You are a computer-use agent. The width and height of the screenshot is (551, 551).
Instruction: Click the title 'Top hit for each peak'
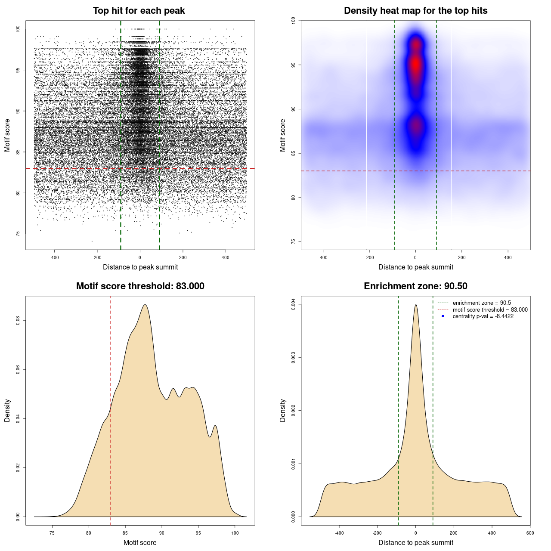[139, 11]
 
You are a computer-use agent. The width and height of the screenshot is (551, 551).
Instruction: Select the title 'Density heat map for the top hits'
[415, 11]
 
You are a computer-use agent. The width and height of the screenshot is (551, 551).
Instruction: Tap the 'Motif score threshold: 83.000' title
[140, 286]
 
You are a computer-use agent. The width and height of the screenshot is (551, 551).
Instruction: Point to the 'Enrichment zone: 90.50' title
[415, 286]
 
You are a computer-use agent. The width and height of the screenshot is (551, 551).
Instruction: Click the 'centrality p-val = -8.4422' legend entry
[483, 316]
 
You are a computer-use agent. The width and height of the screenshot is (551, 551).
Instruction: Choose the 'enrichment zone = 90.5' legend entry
[482, 303]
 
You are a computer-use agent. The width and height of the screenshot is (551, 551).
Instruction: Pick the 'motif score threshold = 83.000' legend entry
[490, 310]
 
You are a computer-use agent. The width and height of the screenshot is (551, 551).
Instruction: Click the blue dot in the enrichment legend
[443, 316]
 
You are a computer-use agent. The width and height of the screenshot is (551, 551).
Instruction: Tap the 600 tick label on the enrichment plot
[530, 533]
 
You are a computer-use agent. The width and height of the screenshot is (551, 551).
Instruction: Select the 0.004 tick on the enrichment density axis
[294, 304]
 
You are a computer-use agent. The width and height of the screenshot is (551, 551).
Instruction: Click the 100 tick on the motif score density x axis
[235, 533]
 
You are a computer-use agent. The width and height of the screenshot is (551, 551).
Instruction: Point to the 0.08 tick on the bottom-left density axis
[18, 321]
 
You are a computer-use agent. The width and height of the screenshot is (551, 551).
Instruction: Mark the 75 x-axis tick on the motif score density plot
[52, 533]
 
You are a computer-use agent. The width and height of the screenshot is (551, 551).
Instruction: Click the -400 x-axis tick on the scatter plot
[54, 258]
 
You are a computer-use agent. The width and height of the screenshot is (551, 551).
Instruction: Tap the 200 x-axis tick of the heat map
[461, 258]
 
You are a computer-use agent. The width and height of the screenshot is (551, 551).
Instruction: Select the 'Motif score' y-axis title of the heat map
[283, 135]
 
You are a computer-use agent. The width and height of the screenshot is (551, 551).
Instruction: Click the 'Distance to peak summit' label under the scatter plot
[140, 267]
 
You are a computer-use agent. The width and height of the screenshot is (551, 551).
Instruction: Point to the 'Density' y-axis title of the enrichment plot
[283, 410]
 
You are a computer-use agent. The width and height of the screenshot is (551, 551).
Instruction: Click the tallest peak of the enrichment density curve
[415, 305]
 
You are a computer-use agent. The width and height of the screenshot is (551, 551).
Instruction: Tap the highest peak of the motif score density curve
[145, 305]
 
